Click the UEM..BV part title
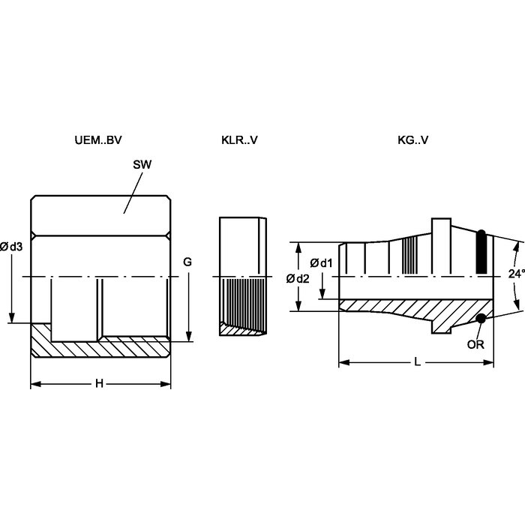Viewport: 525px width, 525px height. (x=98, y=140)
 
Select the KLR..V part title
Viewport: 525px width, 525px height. (x=239, y=140)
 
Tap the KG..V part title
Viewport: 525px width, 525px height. (x=412, y=140)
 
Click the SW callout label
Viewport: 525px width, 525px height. (x=142, y=164)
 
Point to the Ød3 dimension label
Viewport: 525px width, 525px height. (x=11, y=247)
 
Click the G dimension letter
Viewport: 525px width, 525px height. (x=187, y=262)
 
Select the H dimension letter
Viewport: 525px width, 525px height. (x=99, y=383)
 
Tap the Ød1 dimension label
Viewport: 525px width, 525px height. (x=321, y=263)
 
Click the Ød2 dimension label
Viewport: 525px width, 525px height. (x=298, y=278)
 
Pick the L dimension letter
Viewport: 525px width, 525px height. (x=417, y=362)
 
